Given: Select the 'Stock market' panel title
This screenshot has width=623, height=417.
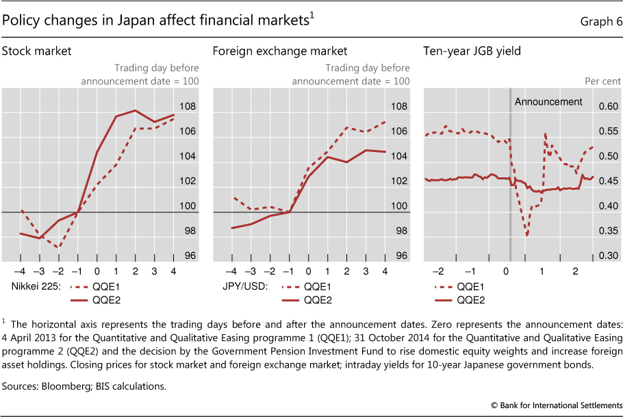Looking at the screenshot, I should point(37,51).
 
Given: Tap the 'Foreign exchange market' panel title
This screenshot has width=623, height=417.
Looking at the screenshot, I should point(280,51).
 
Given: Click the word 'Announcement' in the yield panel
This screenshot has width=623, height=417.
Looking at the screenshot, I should point(548,102).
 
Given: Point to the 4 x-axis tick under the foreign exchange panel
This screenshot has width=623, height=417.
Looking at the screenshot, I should point(384,270).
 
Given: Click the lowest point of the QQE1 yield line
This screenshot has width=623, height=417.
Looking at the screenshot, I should point(527,236).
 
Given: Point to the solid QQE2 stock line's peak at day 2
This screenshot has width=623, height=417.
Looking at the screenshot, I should point(135,110).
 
